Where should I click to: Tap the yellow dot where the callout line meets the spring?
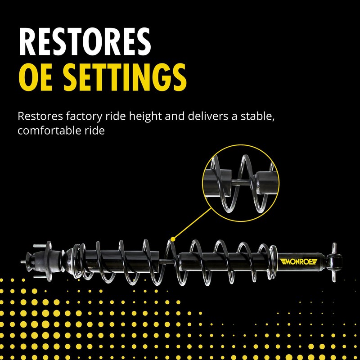tap(171, 238)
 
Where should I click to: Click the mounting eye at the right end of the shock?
tap(334, 260)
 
